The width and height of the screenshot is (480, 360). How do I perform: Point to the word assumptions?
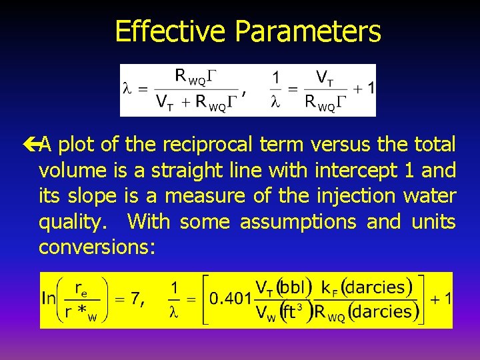299,221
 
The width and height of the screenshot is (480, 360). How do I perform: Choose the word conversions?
97,247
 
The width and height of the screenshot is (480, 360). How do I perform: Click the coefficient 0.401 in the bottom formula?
231,299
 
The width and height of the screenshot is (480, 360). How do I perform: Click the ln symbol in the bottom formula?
49,299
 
